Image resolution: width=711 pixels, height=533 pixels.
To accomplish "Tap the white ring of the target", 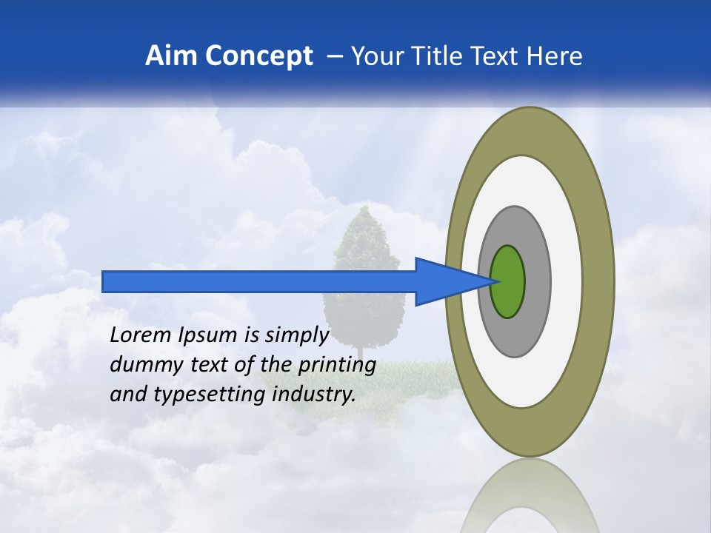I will pyautogui.click(x=566, y=282).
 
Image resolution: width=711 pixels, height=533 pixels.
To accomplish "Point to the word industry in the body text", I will pyautogui.click(x=314, y=395).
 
